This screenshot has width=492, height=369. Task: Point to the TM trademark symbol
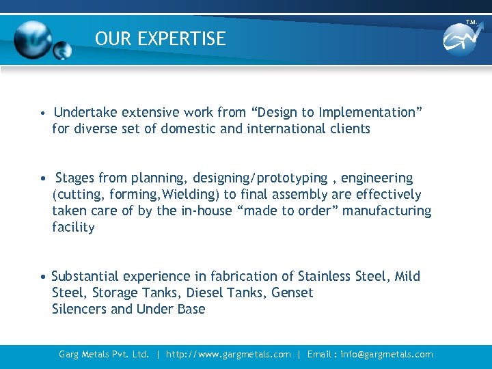click(471, 23)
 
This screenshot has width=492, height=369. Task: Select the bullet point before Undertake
click(42, 113)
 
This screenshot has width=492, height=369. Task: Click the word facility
click(73, 228)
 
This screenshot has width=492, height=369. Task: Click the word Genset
click(292, 292)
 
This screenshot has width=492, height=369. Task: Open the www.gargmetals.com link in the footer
click(228, 354)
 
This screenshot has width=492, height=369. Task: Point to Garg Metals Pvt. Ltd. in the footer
click(104, 354)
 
